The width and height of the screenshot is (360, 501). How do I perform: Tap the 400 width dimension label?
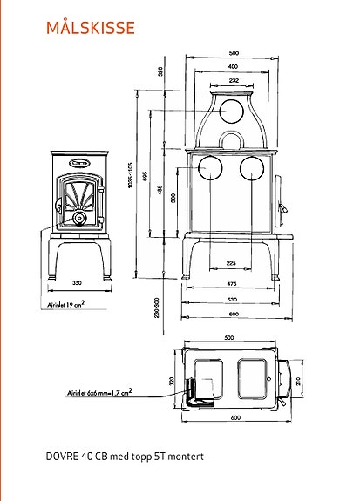(233, 66)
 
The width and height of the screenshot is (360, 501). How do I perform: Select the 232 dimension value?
(233, 80)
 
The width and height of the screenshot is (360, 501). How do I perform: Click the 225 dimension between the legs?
(231, 262)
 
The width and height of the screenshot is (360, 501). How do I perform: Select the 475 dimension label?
(233, 284)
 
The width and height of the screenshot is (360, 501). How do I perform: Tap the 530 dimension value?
(233, 299)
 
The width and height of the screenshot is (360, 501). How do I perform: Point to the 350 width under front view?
(78, 284)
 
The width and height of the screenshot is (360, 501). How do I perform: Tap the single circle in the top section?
(232, 112)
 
